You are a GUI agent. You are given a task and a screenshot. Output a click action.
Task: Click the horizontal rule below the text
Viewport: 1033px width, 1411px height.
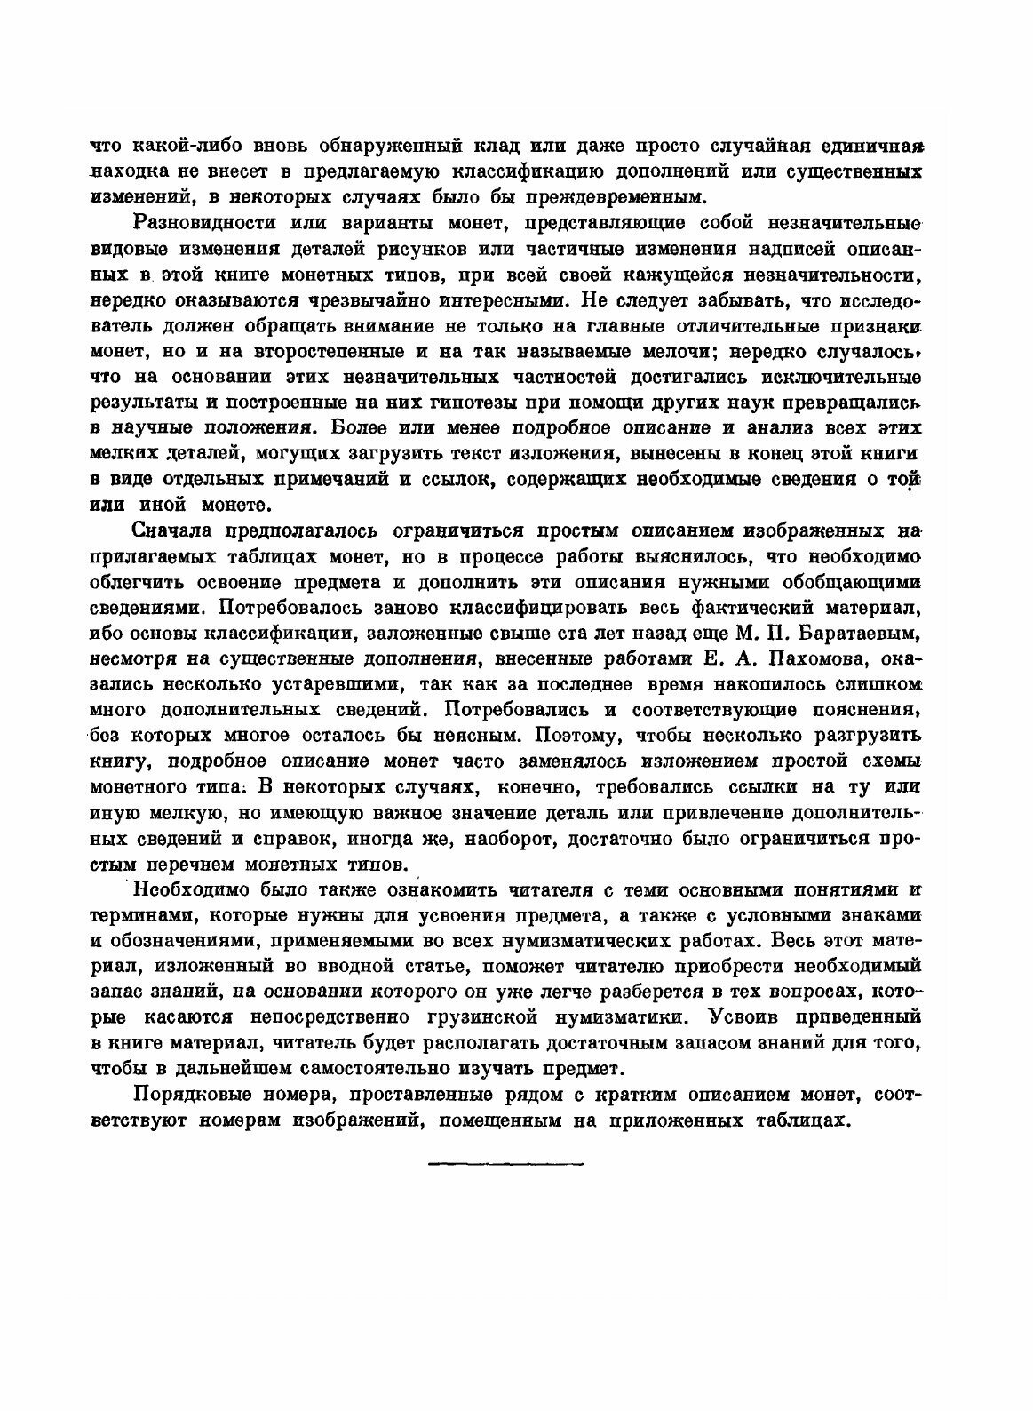click(504, 1162)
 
